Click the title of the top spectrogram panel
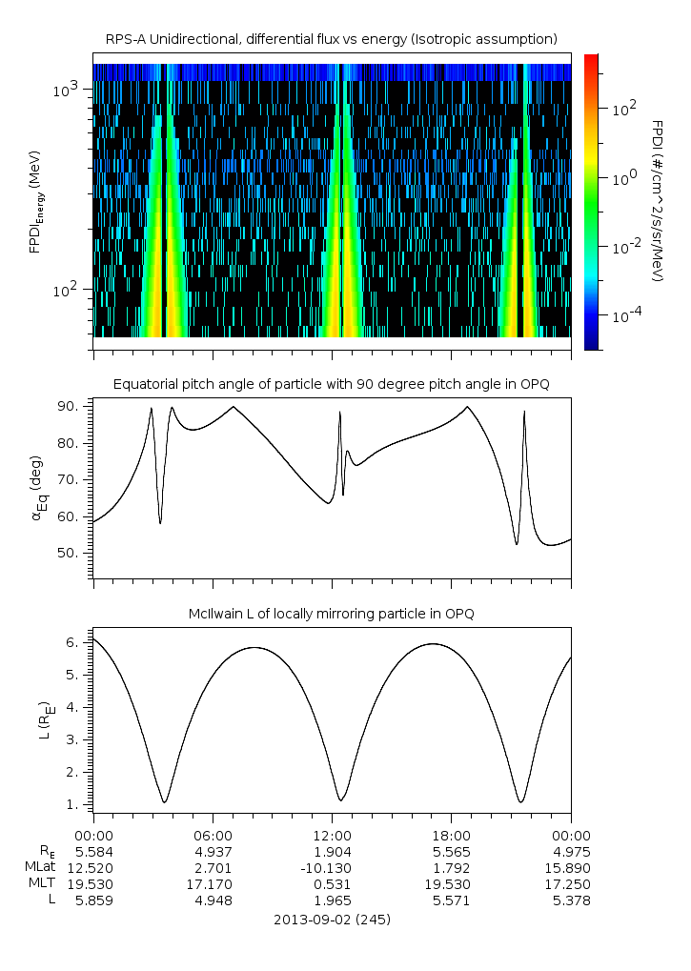point(332,38)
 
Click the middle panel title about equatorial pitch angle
point(332,384)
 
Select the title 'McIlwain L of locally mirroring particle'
point(332,614)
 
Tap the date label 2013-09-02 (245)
point(332,920)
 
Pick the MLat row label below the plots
point(41,867)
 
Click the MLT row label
point(43,883)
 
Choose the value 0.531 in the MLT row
point(332,883)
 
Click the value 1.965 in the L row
point(332,900)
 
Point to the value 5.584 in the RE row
point(93,850)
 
